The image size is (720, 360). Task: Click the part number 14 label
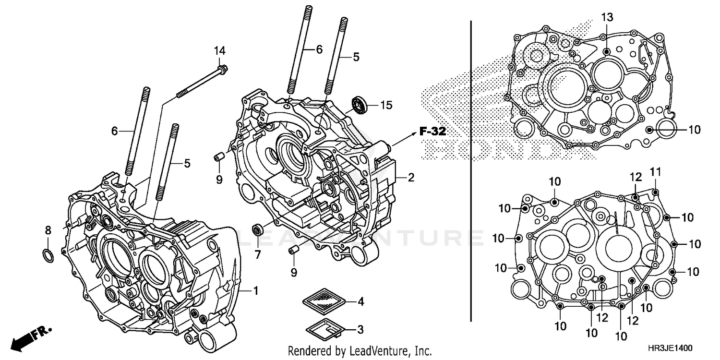click(219, 51)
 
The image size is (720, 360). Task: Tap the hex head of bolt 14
click(223, 70)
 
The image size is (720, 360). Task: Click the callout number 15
click(386, 104)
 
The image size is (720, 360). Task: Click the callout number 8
click(48, 231)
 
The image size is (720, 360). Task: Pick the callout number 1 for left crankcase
click(256, 290)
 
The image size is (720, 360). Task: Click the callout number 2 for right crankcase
click(411, 178)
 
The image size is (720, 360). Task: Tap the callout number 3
click(360, 330)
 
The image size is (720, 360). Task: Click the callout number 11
click(656, 171)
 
